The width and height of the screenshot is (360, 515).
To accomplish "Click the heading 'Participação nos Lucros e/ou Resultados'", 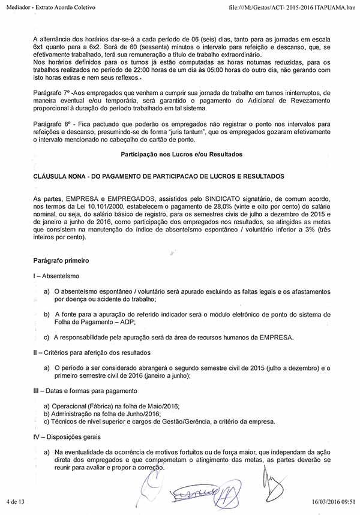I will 181,154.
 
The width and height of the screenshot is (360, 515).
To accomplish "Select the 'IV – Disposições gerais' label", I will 67,436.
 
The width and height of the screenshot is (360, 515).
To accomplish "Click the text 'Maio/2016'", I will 163,406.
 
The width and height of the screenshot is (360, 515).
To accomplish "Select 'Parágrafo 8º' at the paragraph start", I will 53,123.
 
